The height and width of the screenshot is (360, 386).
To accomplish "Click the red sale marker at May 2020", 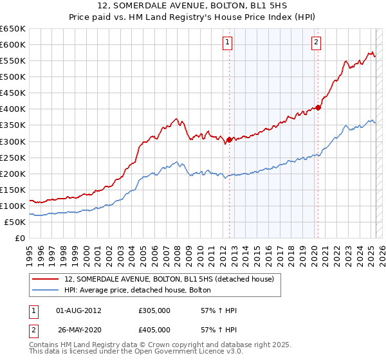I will [x=318, y=107].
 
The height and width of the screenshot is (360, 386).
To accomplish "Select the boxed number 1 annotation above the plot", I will [x=228, y=43].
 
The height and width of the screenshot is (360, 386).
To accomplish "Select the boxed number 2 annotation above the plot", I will [x=317, y=43].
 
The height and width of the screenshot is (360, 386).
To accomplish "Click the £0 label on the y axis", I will [x=19, y=239].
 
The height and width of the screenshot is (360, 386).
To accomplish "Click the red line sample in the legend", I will [x=46, y=279].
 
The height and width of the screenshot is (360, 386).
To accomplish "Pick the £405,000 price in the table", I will [x=154, y=329].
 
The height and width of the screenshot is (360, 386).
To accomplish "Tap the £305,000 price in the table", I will [x=154, y=310].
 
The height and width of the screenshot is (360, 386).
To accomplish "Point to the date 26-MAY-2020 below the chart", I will [x=78, y=329].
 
